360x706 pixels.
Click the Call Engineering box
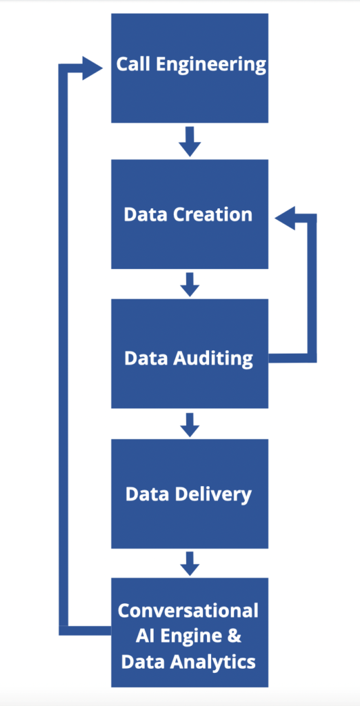(x=190, y=68)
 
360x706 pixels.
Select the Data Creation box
(x=190, y=214)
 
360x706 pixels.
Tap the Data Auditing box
(x=190, y=354)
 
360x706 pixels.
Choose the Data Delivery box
(x=190, y=494)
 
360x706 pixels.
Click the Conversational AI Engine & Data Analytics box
(x=190, y=632)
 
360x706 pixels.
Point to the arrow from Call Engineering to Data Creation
(x=190, y=141)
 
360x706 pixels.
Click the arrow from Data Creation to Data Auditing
(x=190, y=285)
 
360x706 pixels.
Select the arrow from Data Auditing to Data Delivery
(x=190, y=425)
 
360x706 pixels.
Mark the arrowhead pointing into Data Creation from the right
(x=285, y=219)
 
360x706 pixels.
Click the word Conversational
(x=188, y=611)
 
